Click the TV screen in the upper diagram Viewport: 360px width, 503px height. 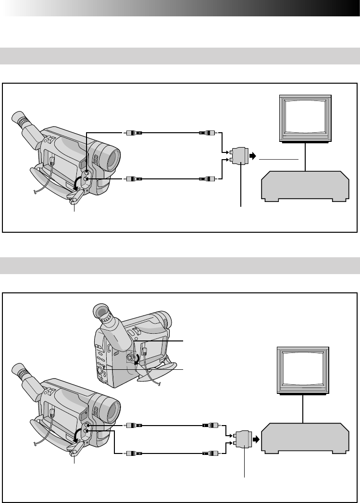(x=306, y=117)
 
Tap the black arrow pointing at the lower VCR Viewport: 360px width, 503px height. (x=256, y=439)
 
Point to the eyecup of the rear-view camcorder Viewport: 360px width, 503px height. (x=102, y=311)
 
